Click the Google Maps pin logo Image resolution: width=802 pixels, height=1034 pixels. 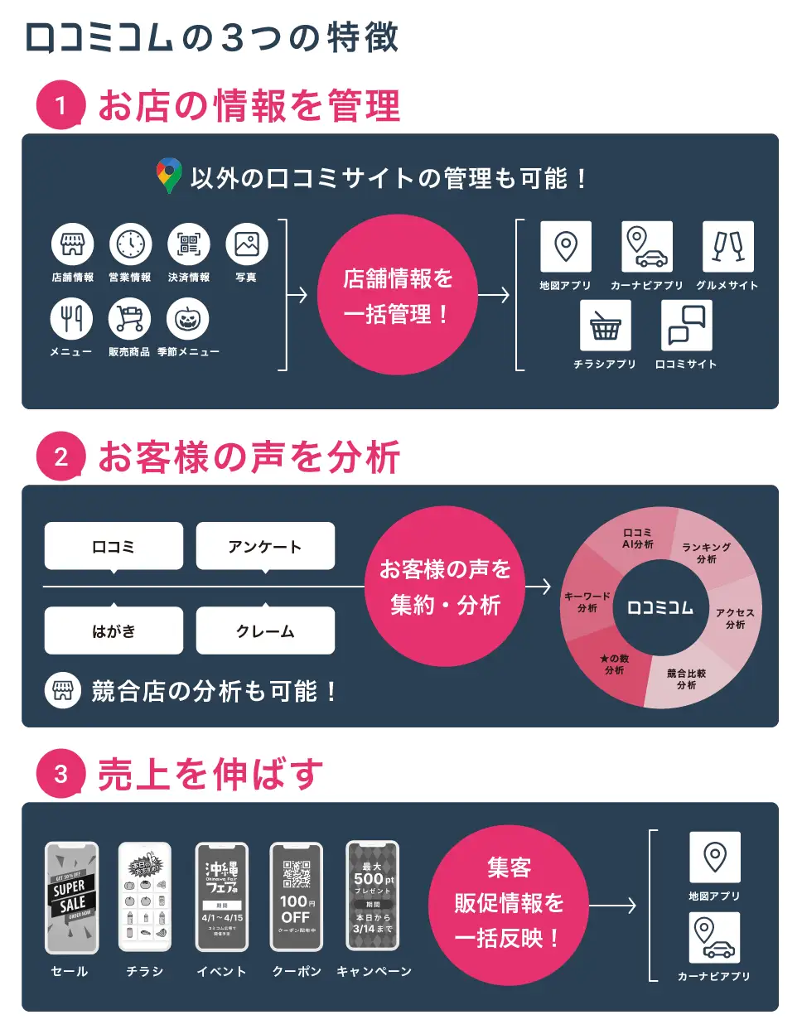(168, 176)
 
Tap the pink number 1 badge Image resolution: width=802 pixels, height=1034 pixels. (60, 105)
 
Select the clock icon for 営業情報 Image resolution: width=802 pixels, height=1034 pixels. (130, 244)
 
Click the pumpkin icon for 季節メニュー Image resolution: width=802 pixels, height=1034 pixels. (187, 319)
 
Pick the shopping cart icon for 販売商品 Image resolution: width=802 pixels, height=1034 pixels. (130, 319)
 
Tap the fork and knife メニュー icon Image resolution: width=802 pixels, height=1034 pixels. (72, 319)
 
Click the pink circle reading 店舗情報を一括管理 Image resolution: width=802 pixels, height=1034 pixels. (398, 295)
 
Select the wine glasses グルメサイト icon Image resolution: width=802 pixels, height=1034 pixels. (727, 246)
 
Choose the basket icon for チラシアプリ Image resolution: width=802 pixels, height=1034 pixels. (605, 326)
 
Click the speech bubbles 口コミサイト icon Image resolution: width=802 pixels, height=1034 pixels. (686, 326)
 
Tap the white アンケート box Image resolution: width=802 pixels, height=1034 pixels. (265, 546)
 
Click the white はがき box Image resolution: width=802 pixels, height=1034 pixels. (114, 631)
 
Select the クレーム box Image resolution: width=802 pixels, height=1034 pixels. (265, 631)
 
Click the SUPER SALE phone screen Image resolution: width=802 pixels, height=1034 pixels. (71, 898)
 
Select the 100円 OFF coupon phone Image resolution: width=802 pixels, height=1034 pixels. (297, 898)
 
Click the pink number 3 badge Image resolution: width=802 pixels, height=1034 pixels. (60, 774)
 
